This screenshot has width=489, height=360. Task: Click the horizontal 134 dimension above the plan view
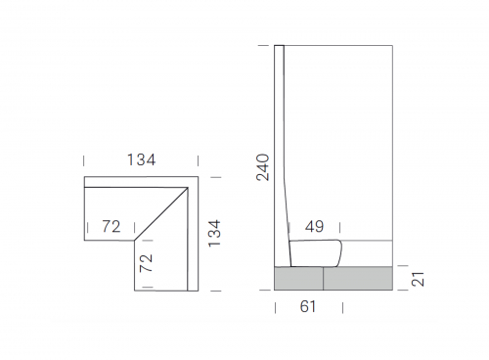tap(141, 159)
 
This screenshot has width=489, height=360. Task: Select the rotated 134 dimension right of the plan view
tap(214, 234)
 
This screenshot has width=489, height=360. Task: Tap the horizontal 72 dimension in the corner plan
tap(111, 226)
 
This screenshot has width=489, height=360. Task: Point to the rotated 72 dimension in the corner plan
tap(146, 263)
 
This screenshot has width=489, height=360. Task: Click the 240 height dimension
tap(263, 167)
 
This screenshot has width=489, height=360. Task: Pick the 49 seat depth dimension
tap(314, 226)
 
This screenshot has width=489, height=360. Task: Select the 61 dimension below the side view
tap(308, 306)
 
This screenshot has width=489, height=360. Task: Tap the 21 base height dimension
tap(418, 279)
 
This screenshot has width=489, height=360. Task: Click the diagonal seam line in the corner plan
tap(161, 213)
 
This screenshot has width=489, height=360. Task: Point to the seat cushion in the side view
tap(315, 253)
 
